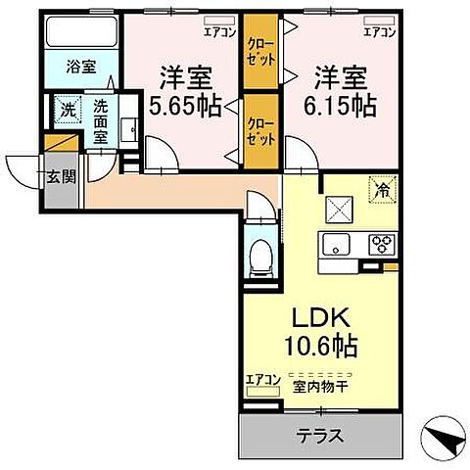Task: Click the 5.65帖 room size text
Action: coord(187,105)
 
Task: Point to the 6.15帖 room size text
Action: coord(342,105)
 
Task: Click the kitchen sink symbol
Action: coord(337,246)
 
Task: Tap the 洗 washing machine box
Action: coord(66,108)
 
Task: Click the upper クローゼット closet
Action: coord(258,52)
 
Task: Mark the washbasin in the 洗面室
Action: coord(126,128)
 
